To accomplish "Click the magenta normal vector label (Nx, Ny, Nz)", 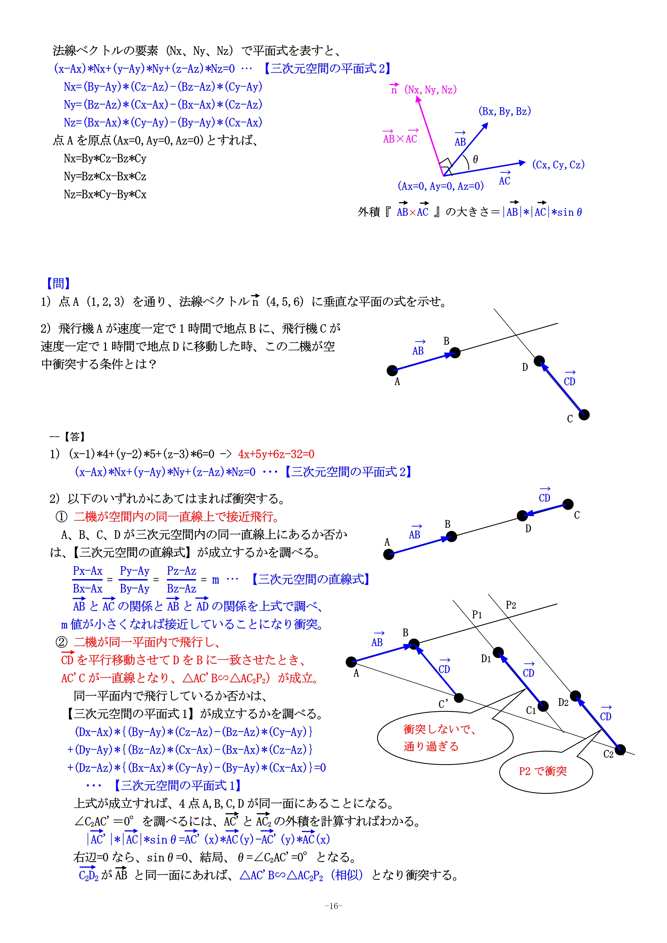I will [x=430, y=90].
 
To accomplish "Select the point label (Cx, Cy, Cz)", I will [x=558, y=165].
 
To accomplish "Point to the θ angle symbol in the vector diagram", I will [x=475, y=159].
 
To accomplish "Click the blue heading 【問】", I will [x=58, y=283].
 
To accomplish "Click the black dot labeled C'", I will [x=459, y=698].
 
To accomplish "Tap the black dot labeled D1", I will [x=498, y=652].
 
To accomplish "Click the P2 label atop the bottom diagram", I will [x=511, y=605].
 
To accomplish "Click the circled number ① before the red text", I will [x=61, y=517].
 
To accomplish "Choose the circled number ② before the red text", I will [x=61, y=642].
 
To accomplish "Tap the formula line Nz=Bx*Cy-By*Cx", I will [x=105, y=194].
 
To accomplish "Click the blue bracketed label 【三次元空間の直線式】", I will [x=311, y=579].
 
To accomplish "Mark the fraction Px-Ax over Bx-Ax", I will [x=87, y=580].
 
